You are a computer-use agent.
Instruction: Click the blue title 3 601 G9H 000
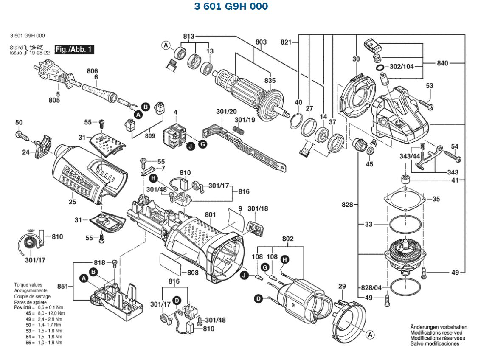(231, 7)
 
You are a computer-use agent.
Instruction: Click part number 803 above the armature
(261, 42)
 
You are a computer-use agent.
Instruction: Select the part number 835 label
(270, 81)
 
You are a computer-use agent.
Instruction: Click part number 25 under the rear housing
(73, 202)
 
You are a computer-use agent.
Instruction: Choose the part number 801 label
(211, 215)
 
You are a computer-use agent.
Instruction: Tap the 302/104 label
(402, 67)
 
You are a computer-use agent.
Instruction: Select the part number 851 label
(63, 287)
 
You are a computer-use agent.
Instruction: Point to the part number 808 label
(193, 273)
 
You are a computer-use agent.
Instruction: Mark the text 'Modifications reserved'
(436, 333)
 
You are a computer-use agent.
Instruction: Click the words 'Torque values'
(28, 285)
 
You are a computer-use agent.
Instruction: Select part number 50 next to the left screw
(19, 123)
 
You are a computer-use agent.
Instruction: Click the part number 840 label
(442, 63)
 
